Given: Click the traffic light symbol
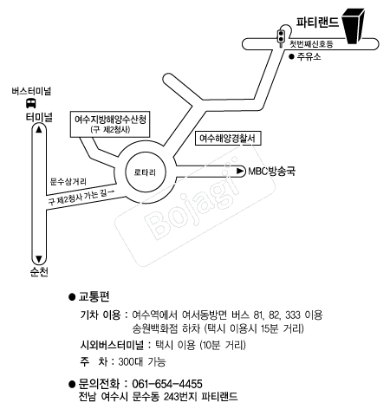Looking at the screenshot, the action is pyautogui.click(x=281, y=37).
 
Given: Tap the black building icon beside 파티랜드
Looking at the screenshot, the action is pyautogui.click(x=353, y=26).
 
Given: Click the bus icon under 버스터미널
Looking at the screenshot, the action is pyautogui.click(x=31, y=103).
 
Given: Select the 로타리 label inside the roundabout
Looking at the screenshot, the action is pyautogui.click(x=145, y=172).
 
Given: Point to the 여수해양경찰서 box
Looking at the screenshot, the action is pyautogui.click(x=228, y=139).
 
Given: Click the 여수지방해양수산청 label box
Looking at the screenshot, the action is pyautogui.click(x=110, y=124).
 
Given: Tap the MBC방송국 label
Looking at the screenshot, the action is pyautogui.click(x=272, y=172).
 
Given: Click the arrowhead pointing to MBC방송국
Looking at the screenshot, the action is pyautogui.click(x=240, y=171).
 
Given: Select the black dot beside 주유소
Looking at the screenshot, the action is pyautogui.click(x=291, y=56).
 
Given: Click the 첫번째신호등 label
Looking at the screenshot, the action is pyautogui.click(x=311, y=44).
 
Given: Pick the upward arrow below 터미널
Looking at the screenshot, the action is pyautogui.click(x=39, y=130).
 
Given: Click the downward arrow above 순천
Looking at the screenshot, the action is pyautogui.click(x=39, y=258).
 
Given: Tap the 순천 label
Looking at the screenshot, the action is pyautogui.click(x=39, y=272).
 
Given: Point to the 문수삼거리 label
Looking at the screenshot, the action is pyautogui.click(x=68, y=182).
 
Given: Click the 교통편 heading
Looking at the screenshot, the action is pyautogui.click(x=94, y=296).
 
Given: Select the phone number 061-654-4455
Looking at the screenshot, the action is pyautogui.click(x=167, y=384).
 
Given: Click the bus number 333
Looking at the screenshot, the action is pyautogui.click(x=293, y=315).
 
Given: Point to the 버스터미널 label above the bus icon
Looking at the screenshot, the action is pyautogui.click(x=31, y=91).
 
